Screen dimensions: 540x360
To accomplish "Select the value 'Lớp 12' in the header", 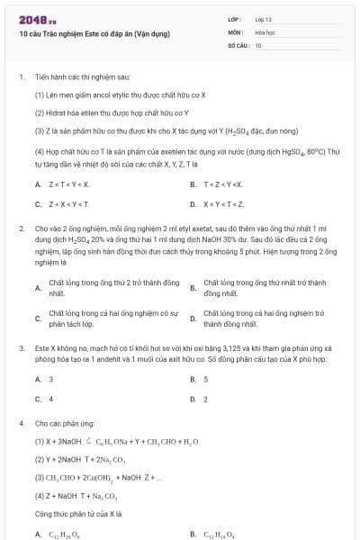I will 264,18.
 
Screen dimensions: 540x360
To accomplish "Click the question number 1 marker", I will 20,78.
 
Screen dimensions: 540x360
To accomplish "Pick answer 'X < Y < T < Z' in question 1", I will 225,203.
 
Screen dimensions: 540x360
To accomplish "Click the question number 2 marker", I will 20,229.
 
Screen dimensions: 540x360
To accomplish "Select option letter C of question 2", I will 38,318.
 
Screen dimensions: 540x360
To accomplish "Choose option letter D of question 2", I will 193,318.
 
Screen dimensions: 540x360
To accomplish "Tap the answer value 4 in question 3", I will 50,398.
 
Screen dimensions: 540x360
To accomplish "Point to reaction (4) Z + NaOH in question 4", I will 82,495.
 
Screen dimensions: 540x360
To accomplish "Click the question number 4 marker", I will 20,422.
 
